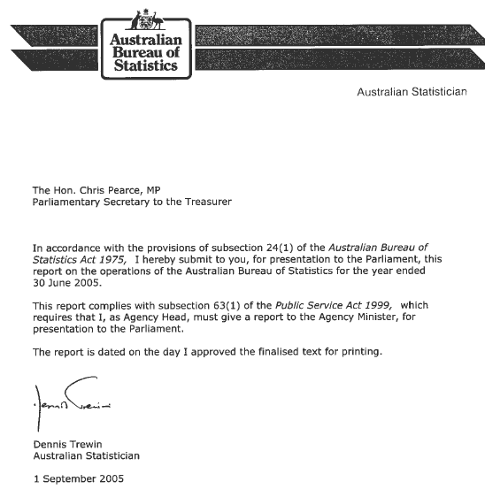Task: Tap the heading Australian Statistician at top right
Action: [412, 91]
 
